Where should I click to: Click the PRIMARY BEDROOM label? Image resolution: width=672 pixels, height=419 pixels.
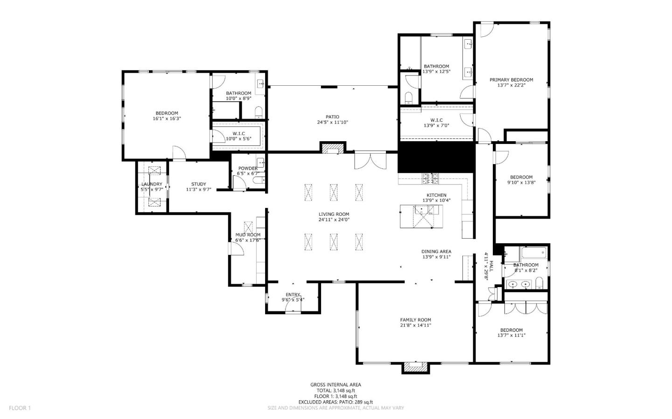[511, 80]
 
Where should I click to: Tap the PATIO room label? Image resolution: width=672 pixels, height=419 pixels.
[332, 117]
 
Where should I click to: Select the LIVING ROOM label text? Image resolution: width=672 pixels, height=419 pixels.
[334, 214]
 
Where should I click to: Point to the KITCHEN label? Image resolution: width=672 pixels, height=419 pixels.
[436, 195]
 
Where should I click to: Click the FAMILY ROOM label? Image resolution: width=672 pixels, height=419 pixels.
[415, 320]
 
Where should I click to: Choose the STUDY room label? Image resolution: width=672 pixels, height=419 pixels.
[198, 184]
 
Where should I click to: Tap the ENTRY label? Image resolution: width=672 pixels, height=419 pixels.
[293, 295]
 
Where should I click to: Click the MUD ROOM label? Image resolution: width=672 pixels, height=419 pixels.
[248, 235]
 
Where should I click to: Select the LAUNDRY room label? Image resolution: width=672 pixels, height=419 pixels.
[152, 184]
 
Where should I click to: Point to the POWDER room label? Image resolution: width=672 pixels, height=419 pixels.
[248, 168]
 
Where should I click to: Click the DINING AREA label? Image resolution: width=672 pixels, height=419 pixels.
[436, 252]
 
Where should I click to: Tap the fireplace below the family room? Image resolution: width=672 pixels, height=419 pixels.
[415, 368]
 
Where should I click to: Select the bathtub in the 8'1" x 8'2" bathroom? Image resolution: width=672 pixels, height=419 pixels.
[533, 253]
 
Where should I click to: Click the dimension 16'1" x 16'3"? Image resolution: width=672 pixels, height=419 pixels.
[167, 119]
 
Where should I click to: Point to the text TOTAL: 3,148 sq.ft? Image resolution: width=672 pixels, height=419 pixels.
[336, 391]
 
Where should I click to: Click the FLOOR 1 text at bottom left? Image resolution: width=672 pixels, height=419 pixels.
[20, 408]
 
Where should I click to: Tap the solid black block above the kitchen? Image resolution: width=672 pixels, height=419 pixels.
[436, 158]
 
